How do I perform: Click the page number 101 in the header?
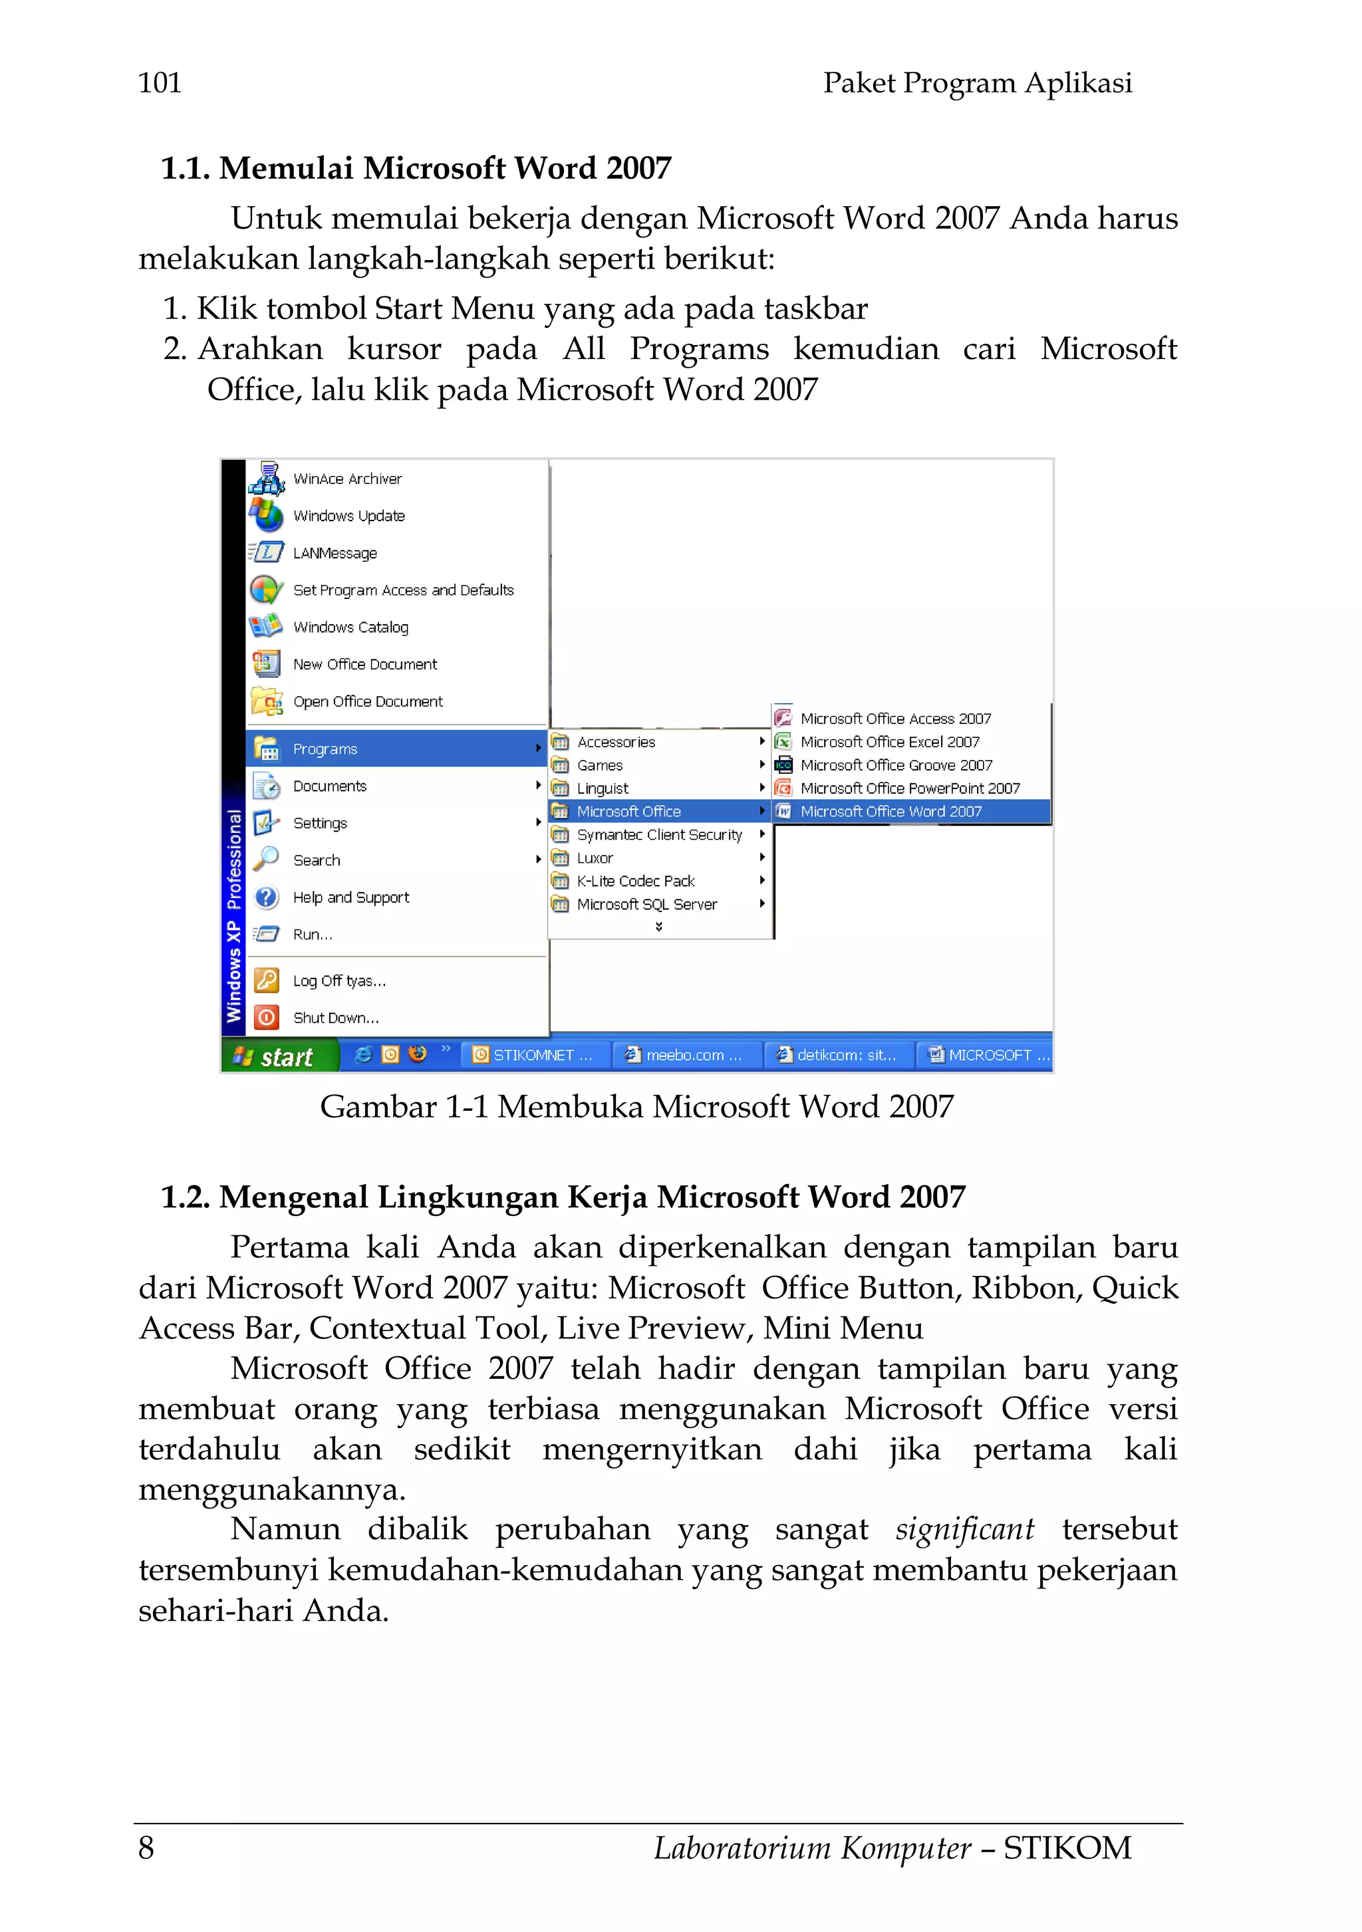(x=160, y=83)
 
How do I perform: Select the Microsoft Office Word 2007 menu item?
(x=890, y=812)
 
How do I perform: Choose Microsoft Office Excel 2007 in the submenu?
(x=890, y=742)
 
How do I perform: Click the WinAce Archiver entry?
(x=346, y=479)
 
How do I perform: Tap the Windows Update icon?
(x=267, y=515)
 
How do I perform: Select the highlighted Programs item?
(x=326, y=749)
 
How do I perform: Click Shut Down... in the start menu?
(x=335, y=1018)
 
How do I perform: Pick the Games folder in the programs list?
(x=599, y=766)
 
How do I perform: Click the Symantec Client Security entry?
(x=659, y=835)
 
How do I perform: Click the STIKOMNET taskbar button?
(x=533, y=1055)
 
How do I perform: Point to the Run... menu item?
(x=313, y=935)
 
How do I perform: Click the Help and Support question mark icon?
(x=267, y=897)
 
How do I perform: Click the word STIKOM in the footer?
(x=1067, y=1848)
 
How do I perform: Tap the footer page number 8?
(x=146, y=1848)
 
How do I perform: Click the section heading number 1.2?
(x=184, y=1197)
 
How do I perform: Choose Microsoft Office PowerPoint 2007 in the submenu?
(x=909, y=788)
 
